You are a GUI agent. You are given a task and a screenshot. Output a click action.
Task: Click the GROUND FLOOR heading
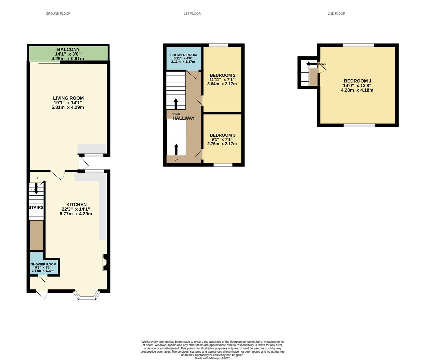click(x=58, y=14)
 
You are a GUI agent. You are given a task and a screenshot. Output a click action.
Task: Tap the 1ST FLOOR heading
click(x=192, y=14)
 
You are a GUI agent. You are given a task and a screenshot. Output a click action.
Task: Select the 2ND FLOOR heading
click(x=336, y=14)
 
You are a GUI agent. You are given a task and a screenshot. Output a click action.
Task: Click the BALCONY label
click(x=68, y=49)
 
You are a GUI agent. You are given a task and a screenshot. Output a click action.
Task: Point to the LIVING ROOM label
click(x=68, y=98)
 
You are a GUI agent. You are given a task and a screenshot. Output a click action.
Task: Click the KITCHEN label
click(x=76, y=205)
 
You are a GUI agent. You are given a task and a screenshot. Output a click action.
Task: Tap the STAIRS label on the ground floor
click(x=36, y=207)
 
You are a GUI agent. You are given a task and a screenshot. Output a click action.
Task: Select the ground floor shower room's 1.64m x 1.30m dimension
click(x=43, y=271)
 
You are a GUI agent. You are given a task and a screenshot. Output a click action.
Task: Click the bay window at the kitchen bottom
click(x=87, y=296)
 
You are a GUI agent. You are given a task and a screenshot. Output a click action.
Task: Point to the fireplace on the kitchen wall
click(x=104, y=262)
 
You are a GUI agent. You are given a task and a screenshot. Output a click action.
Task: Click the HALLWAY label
click(x=183, y=118)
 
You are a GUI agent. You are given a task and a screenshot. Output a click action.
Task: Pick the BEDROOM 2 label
click(x=223, y=75)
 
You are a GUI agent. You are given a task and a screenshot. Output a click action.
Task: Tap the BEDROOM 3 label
click(x=223, y=135)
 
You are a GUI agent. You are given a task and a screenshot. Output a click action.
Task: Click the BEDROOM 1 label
click(x=358, y=81)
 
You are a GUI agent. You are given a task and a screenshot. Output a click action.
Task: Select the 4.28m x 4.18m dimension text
click(x=357, y=90)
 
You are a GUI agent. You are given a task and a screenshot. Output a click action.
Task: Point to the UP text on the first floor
click(x=176, y=160)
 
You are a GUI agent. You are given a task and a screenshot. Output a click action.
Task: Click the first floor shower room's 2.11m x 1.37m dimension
click(x=183, y=62)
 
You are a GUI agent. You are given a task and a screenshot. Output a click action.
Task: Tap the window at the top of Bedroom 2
click(x=219, y=45)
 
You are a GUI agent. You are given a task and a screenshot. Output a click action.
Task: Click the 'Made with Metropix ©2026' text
click(x=212, y=358)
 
